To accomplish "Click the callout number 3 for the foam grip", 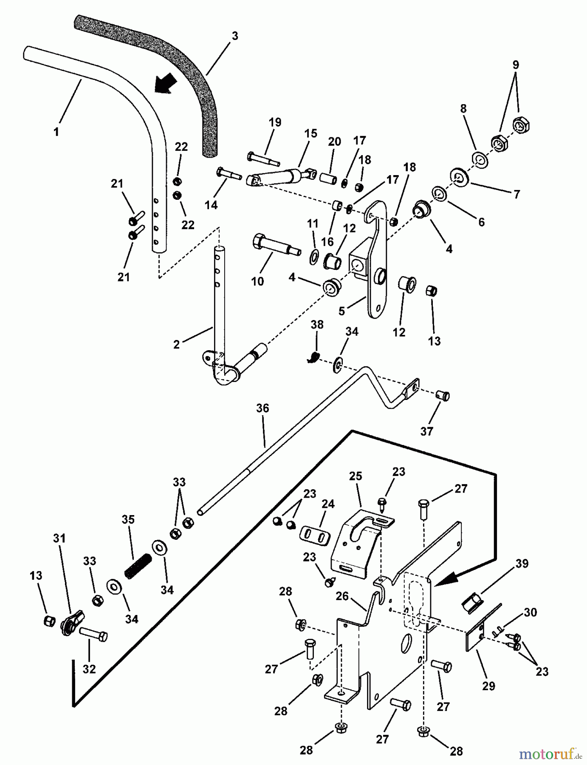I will [235, 36].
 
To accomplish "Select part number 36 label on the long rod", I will [262, 408].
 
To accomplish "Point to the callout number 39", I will [522, 564].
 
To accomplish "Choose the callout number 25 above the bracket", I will [356, 476].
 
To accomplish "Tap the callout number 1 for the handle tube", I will [56, 132].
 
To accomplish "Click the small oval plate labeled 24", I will [315, 535].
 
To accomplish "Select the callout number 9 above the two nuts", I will [515, 65].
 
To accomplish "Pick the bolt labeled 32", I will [93, 636].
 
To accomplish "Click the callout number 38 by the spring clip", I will [317, 325].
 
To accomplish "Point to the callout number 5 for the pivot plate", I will [341, 312].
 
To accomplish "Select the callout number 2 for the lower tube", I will [177, 345].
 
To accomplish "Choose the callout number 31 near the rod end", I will [59, 539].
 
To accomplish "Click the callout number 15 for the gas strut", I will [310, 133].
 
